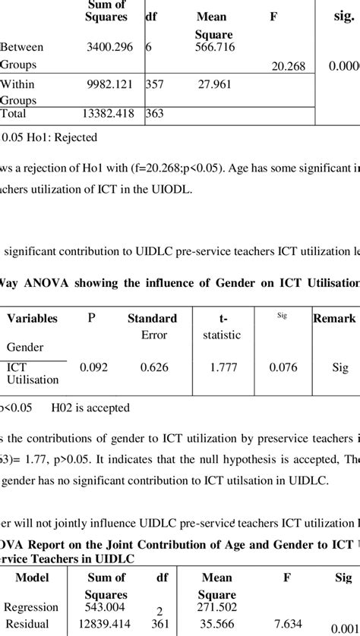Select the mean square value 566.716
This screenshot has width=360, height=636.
pyautogui.click(x=213, y=47)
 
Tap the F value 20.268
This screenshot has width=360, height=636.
pyautogui.click(x=288, y=67)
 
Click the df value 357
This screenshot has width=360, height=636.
pyautogui.click(x=156, y=85)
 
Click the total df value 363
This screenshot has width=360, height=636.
pyautogui.click(x=156, y=115)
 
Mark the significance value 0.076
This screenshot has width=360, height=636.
pyautogui.click(x=284, y=367)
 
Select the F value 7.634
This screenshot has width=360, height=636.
pyautogui.click(x=288, y=623)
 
